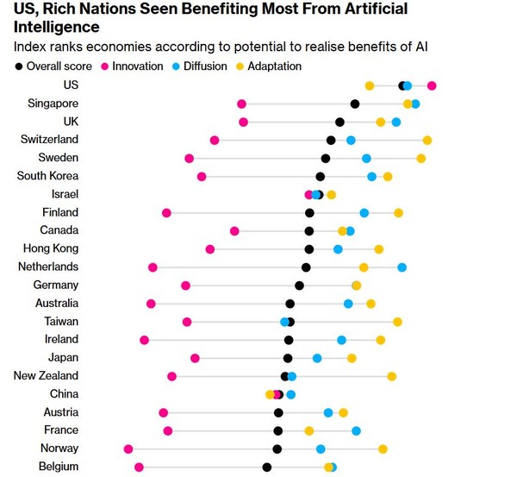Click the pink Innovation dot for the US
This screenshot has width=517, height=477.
point(432,85)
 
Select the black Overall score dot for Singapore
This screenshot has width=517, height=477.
point(355,104)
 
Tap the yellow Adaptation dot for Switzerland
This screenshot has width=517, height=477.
point(427,140)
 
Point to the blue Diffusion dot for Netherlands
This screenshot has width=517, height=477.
point(402,267)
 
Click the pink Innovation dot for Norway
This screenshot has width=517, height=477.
point(128,449)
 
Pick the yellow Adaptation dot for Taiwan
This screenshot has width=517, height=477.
point(397,322)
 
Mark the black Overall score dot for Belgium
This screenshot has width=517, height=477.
point(267,467)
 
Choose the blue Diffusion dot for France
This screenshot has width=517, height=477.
point(356,430)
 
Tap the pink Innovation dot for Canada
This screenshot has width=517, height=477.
point(234,230)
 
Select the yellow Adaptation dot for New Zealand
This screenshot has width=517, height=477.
point(392,376)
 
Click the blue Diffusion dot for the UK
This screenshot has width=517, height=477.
point(396,122)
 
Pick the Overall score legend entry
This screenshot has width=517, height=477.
point(53,66)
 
